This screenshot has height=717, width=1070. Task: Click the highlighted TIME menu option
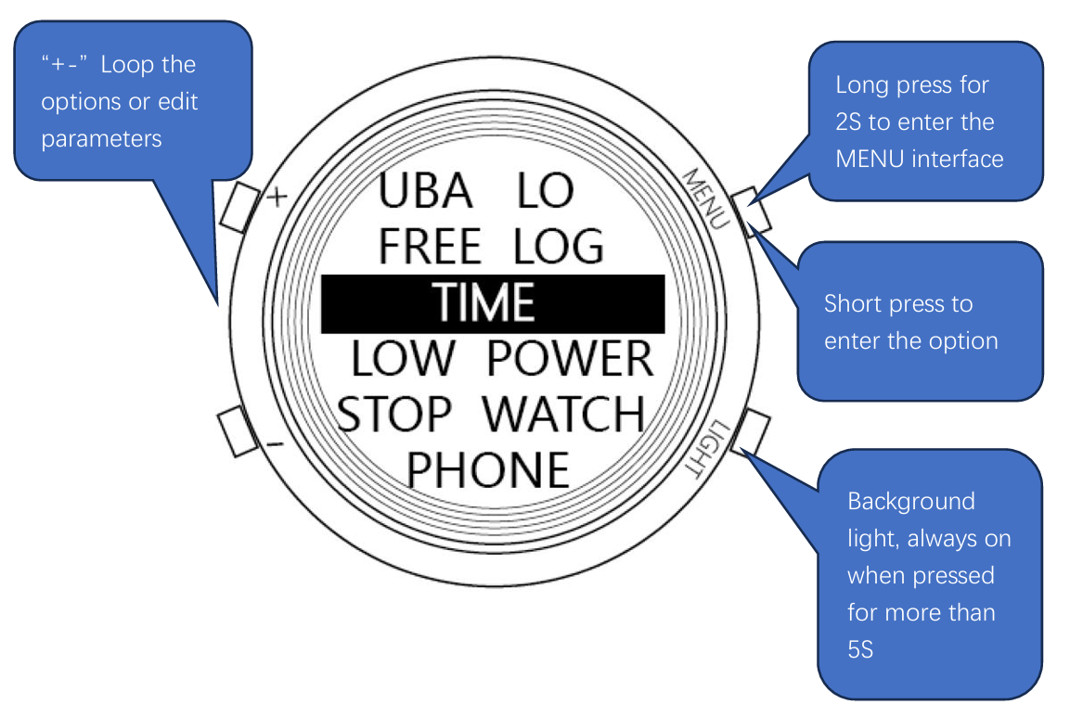484,303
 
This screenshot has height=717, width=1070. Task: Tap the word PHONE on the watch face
488,470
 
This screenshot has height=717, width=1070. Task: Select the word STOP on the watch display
394,415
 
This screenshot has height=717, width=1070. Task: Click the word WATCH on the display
565,415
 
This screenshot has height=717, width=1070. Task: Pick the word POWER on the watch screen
570,360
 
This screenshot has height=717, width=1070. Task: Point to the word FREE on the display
429,248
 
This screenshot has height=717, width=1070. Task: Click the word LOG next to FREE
559,248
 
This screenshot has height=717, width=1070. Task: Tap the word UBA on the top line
425,192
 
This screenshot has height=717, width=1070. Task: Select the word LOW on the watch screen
404,360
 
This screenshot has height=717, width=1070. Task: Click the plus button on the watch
238,205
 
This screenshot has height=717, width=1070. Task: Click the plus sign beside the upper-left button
277,198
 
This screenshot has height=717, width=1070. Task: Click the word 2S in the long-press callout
850,122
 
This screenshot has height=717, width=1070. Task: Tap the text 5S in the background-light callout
860,649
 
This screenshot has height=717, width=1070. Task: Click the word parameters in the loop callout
101,139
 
